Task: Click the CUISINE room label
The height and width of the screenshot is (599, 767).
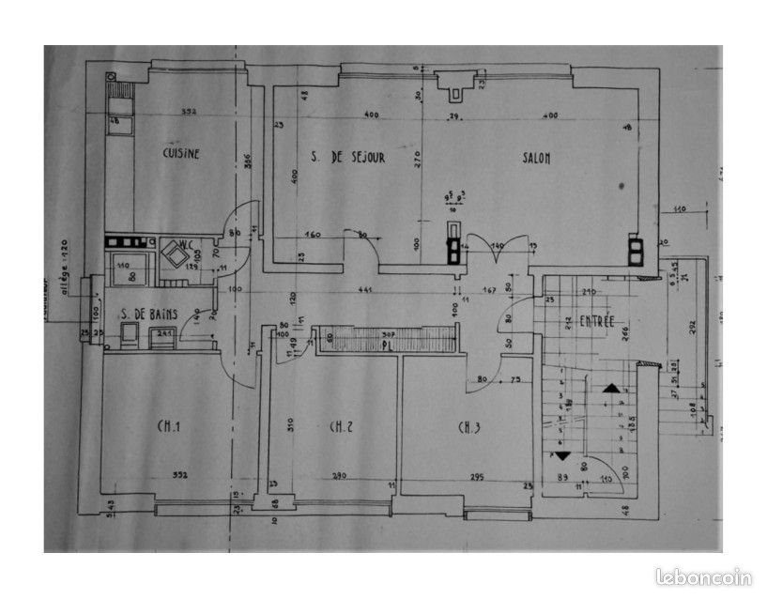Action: coord(180,154)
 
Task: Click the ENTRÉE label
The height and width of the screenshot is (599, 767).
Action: coord(596,321)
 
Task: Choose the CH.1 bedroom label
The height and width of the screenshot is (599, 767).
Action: coord(169,428)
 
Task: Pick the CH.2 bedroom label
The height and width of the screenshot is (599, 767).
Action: coord(341,428)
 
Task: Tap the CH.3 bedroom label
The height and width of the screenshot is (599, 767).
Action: coord(469,428)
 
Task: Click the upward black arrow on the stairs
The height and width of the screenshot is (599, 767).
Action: coord(611,387)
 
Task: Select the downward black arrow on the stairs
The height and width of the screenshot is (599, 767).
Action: coord(562,454)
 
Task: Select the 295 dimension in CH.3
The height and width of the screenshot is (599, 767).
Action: coord(476,477)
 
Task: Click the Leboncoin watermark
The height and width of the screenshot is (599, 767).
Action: coord(704,577)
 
